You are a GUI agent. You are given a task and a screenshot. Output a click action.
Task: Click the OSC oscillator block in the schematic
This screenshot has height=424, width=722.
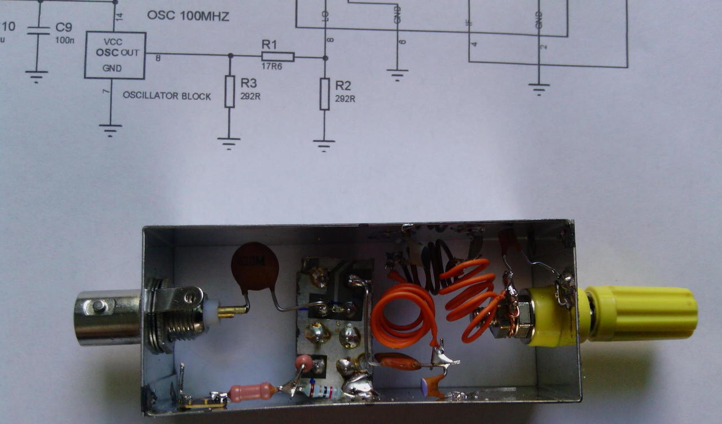(115, 55)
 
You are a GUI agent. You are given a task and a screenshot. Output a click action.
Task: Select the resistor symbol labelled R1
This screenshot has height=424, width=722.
(278, 56)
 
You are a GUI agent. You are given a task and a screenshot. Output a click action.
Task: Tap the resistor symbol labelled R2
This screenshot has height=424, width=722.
(324, 94)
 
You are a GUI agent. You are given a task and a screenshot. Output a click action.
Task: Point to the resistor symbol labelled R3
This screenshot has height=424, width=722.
(229, 91)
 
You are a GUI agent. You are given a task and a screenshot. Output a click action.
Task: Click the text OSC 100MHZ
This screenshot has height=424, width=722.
(188, 16)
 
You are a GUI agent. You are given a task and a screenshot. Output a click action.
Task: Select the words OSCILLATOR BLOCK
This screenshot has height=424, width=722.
(167, 96)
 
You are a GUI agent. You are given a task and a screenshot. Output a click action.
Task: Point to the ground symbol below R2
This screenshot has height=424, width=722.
(324, 146)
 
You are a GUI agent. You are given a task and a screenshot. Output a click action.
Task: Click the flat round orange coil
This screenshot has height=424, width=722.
(403, 315)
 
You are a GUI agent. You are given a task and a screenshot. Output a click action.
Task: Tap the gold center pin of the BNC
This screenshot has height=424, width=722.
(232, 310)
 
